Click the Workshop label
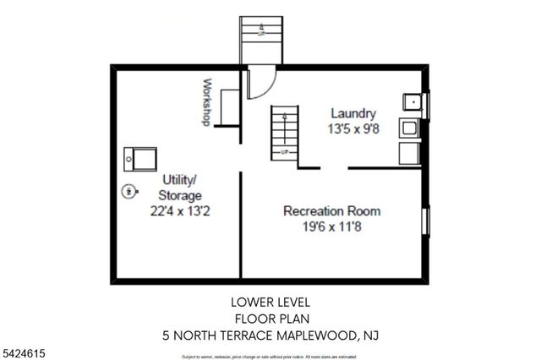[206, 102]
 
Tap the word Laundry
[352, 113]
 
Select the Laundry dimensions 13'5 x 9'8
[352, 129]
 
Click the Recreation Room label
[331, 210]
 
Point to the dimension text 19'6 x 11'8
[331, 226]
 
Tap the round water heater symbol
[128, 191]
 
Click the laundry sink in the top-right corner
[413, 104]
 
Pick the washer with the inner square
[409, 128]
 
